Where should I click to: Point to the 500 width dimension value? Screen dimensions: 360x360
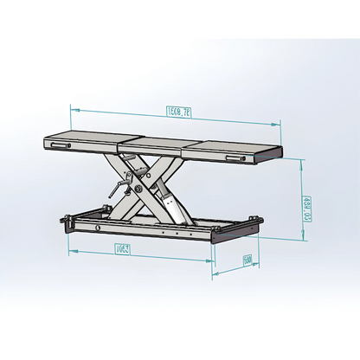pyautogui.click(x=247, y=260)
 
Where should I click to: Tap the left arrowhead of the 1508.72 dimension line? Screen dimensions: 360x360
pyautogui.click(x=73, y=111)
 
